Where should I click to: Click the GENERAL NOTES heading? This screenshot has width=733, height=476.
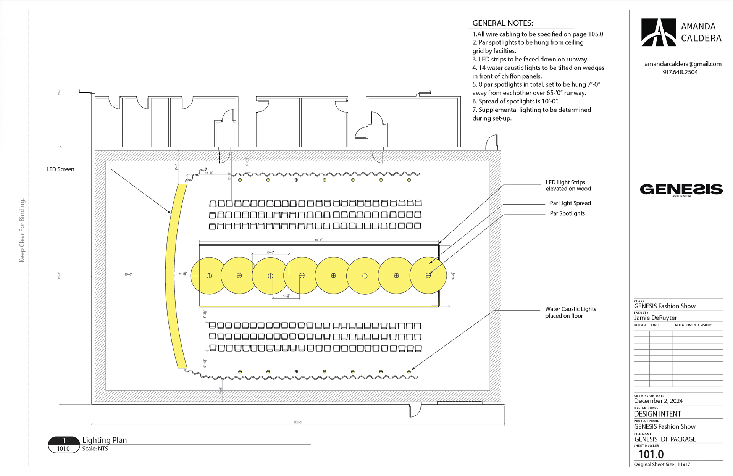tap(502, 23)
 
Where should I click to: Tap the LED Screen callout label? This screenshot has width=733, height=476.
tap(60, 169)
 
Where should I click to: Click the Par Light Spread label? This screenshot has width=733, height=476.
tap(570, 203)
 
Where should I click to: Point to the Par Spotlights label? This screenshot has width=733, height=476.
tap(567, 213)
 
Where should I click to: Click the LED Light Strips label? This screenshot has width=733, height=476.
tap(568, 186)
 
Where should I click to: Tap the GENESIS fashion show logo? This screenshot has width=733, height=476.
tap(681, 190)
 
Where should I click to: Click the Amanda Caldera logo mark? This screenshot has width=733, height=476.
tap(659, 32)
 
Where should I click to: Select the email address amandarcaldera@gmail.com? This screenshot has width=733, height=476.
tap(683, 64)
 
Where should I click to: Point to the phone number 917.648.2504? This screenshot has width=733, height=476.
tap(680, 72)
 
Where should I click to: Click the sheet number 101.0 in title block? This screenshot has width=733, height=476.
tap(651, 454)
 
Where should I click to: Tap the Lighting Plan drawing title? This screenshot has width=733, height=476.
tap(105, 440)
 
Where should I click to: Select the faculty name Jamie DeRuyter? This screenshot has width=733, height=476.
tap(655, 318)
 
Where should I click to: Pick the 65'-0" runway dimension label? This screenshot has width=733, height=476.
tap(319, 240)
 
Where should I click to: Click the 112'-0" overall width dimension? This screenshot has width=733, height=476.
tap(298, 422)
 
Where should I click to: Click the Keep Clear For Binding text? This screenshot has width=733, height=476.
tap(22, 230)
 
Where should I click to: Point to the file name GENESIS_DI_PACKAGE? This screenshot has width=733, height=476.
tap(665, 439)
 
